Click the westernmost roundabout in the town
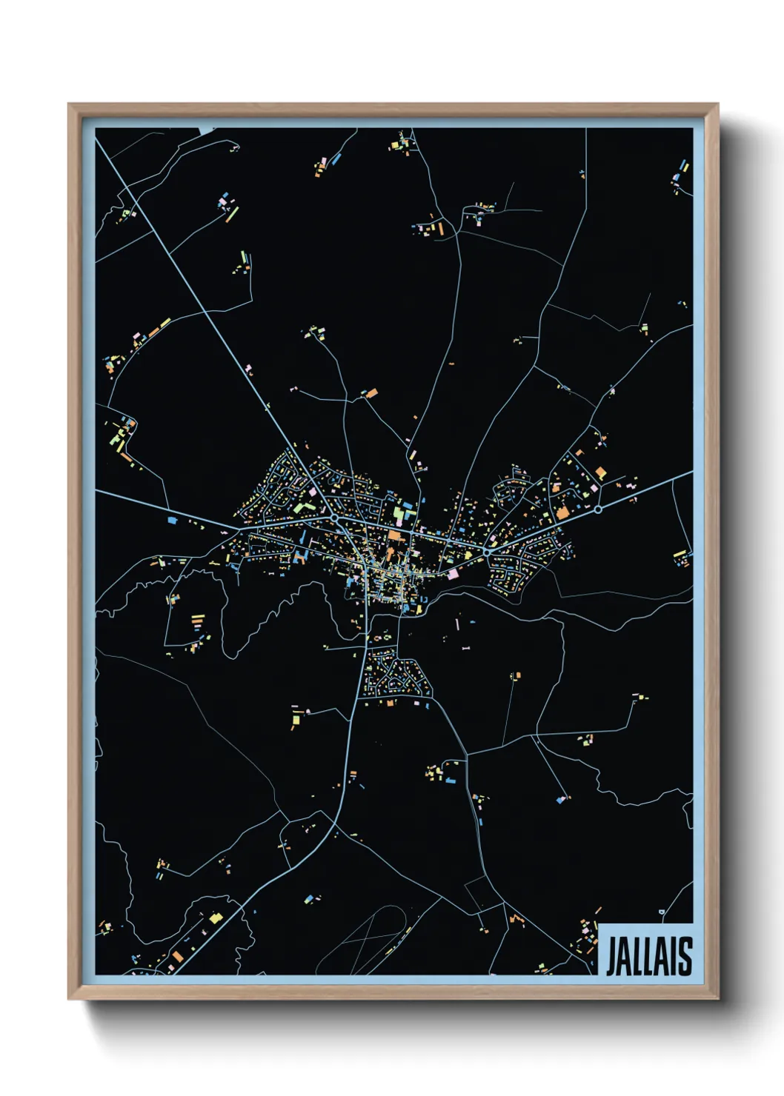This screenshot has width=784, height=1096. pos(335,518)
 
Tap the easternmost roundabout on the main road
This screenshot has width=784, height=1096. pos(597,509)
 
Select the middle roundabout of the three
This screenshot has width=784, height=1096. pos(487,552)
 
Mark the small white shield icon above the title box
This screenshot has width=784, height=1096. pos(662,912)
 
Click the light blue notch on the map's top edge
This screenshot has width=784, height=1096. pos(207,130)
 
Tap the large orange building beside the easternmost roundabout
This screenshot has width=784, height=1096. pos(562,512)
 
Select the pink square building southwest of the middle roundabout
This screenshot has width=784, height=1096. pos(453,573)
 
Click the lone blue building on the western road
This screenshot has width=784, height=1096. pos(173,521)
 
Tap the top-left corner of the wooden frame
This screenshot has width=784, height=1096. pos(69,104)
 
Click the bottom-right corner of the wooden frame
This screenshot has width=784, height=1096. pos(717,998)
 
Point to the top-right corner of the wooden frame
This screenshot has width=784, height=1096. pos(717,104)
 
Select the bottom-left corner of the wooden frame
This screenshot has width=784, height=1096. pos(69,998)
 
